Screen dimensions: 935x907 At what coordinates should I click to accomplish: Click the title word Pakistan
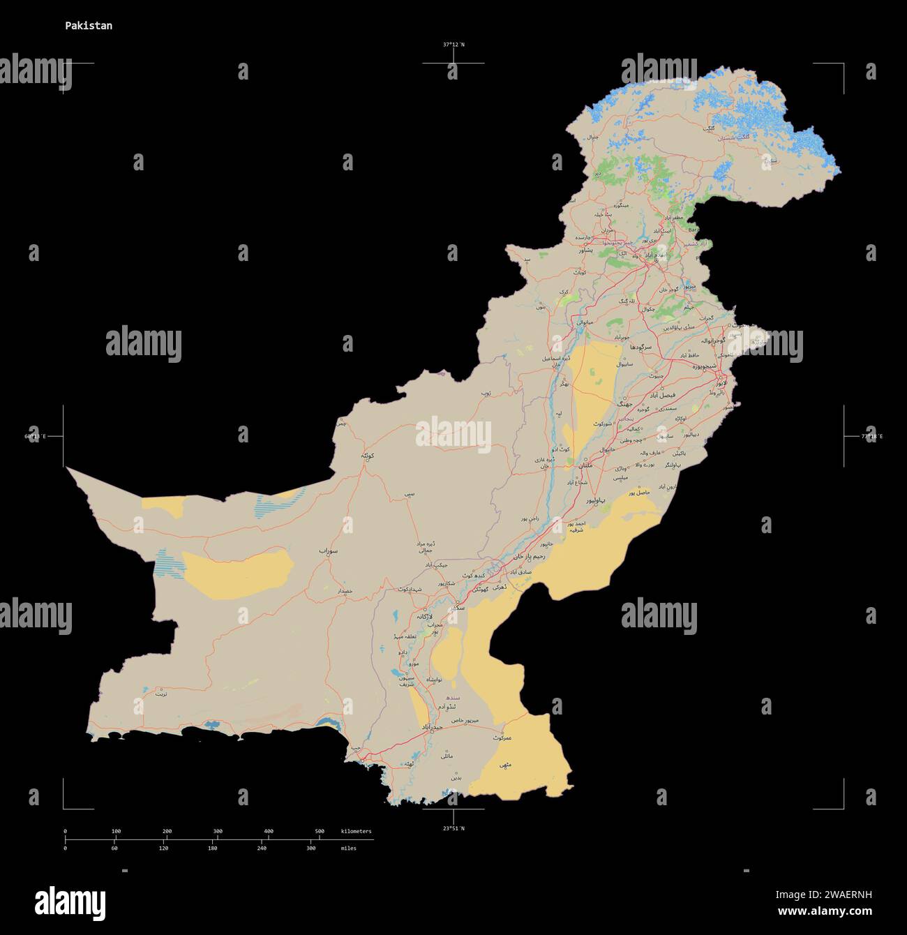point(89,26)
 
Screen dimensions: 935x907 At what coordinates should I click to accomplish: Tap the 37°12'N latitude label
point(453,45)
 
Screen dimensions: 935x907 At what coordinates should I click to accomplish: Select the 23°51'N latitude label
point(453,828)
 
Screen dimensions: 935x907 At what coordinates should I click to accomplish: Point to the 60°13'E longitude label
point(35,437)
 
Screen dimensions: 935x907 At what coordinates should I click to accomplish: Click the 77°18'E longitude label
point(871,437)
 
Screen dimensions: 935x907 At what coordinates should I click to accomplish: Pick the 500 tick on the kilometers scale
point(320,831)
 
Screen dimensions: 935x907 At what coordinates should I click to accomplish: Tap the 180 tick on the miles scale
point(213,848)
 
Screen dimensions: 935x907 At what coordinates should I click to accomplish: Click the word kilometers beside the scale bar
point(357,831)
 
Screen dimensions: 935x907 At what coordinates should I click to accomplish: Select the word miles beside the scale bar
point(348,848)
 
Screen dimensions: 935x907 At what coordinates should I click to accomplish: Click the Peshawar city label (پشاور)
point(583,249)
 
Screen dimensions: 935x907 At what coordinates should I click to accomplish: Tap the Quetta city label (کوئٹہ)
point(368,455)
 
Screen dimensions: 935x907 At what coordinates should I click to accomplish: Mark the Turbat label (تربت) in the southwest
point(161,694)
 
